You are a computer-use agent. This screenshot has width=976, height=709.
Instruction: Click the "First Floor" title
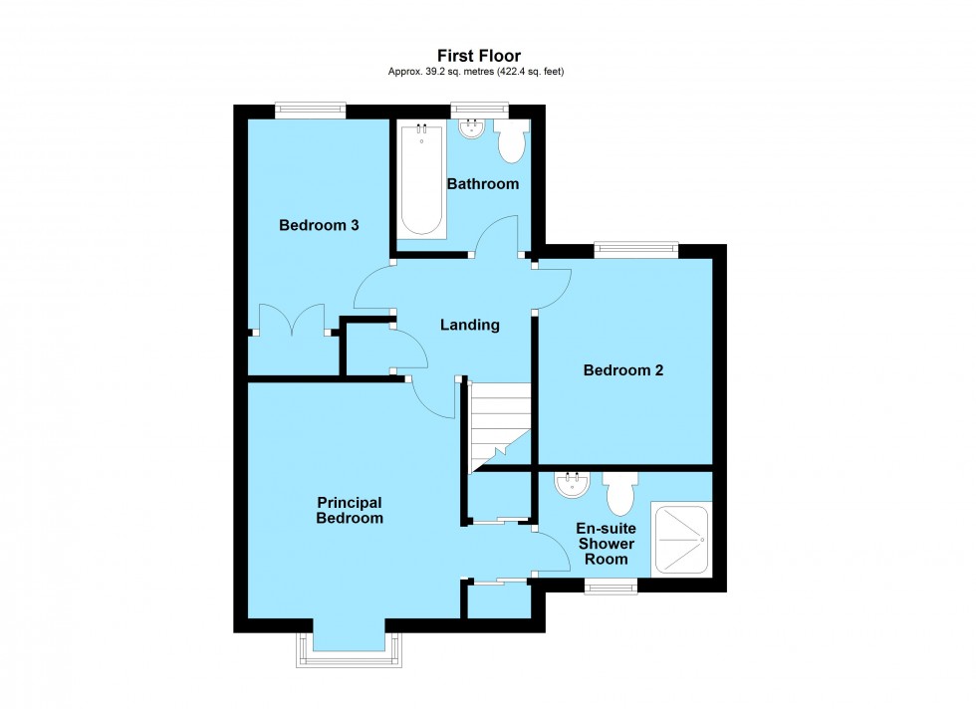pyautogui.click(x=478, y=56)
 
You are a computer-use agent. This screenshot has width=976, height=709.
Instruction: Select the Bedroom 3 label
pyautogui.click(x=319, y=225)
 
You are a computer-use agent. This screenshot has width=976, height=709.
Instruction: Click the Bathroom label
pyautogui.click(x=483, y=184)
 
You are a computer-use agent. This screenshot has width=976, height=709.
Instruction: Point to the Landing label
pyautogui.click(x=470, y=325)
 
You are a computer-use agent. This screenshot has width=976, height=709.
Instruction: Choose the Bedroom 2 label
pyautogui.click(x=623, y=370)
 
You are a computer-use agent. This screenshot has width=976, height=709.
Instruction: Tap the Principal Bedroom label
pyautogui.click(x=350, y=510)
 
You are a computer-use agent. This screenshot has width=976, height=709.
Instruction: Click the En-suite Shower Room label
pyautogui.click(x=607, y=544)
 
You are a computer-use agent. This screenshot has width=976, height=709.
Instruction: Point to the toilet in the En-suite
pyautogui.click(x=621, y=492)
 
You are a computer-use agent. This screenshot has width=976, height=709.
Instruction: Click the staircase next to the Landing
pyautogui.click(x=499, y=423)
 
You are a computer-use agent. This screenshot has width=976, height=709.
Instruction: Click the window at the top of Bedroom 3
pyautogui.click(x=310, y=111)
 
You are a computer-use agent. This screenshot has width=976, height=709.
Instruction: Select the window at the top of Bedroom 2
pyautogui.click(x=636, y=250)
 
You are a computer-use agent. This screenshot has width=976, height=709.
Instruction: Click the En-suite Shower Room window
pyautogui.click(x=610, y=587)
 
